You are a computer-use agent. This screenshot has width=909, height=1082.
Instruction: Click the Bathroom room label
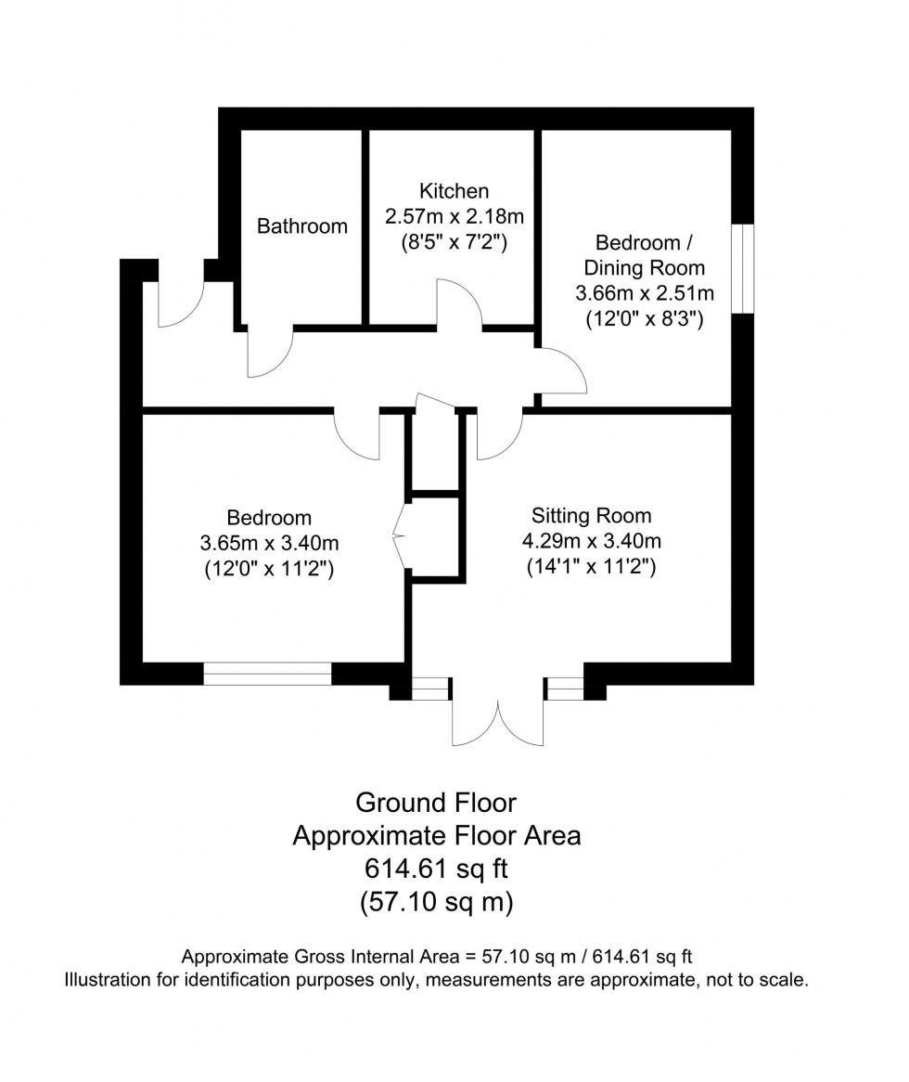click(302, 225)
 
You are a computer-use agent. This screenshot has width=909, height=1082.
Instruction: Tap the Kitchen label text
click(454, 191)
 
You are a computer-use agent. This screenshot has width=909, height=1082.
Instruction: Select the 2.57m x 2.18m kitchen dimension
click(454, 217)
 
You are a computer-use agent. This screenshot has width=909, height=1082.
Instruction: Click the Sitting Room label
click(592, 515)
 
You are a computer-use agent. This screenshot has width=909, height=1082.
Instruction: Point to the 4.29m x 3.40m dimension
click(592, 541)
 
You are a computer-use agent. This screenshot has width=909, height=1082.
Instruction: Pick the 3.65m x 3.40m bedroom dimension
click(269, 544)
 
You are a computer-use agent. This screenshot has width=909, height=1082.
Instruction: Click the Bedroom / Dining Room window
click(742, 267)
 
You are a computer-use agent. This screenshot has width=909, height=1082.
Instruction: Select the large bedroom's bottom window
click(267, 674)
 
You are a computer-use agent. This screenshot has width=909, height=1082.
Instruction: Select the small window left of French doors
click(429, 689)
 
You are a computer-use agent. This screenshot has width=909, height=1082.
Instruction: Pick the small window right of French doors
click(565, 689)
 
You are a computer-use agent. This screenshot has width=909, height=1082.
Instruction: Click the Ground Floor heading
click(436, 801)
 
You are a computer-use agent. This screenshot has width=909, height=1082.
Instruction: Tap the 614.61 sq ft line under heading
click(436, 869)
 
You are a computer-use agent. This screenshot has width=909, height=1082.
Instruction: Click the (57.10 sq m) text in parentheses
click(436, 902)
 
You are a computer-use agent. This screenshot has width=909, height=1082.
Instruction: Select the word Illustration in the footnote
click(109, 980)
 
